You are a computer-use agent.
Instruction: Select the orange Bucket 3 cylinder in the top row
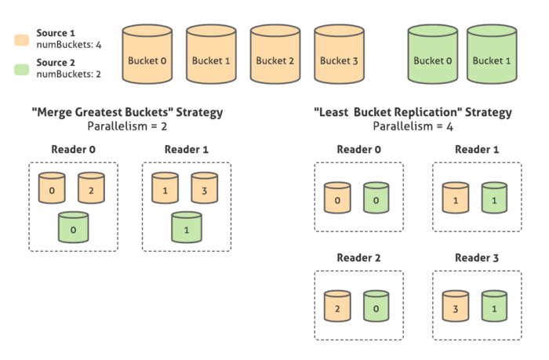[339, 55]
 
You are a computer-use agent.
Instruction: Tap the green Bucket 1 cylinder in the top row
[492, 55]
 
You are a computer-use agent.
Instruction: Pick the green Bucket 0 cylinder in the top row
[434, 55]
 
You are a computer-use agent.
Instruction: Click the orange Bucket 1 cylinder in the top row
[211, 55]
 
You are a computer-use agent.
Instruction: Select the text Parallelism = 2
[126, 125]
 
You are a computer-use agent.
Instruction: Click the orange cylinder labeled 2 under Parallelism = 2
[91, 190]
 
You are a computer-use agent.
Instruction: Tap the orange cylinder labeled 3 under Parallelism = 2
[204, 190]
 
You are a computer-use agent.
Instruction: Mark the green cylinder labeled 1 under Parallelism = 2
[186, 229]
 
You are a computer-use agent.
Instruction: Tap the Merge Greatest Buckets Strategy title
[126, 112]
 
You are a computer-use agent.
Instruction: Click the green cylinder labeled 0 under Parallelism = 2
[73, 229]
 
